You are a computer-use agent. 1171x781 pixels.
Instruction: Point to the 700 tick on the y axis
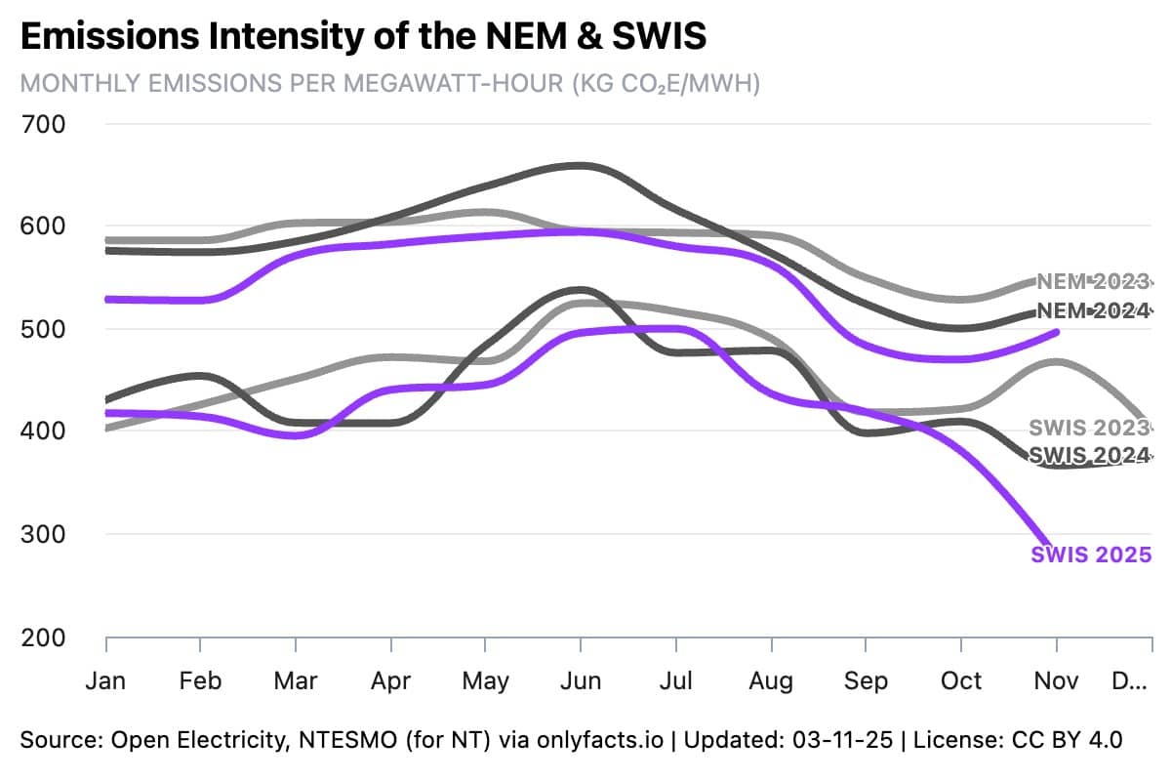43,124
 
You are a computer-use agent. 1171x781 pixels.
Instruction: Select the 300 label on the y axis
43,534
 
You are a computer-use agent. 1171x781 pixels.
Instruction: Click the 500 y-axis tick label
43,329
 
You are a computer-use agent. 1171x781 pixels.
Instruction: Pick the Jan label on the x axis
105,679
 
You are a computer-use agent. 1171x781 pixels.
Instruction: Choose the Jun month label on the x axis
581,679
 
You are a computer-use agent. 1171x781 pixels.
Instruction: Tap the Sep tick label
866,679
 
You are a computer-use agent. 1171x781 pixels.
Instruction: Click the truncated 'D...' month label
1129,679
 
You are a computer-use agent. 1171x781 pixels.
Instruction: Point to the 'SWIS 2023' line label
1089,428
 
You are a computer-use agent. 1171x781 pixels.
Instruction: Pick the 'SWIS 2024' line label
1089,455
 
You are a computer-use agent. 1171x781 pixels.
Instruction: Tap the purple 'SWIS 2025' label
1090,555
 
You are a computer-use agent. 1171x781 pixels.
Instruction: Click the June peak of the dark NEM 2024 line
581,165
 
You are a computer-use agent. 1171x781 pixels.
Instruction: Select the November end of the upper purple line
1057,332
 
